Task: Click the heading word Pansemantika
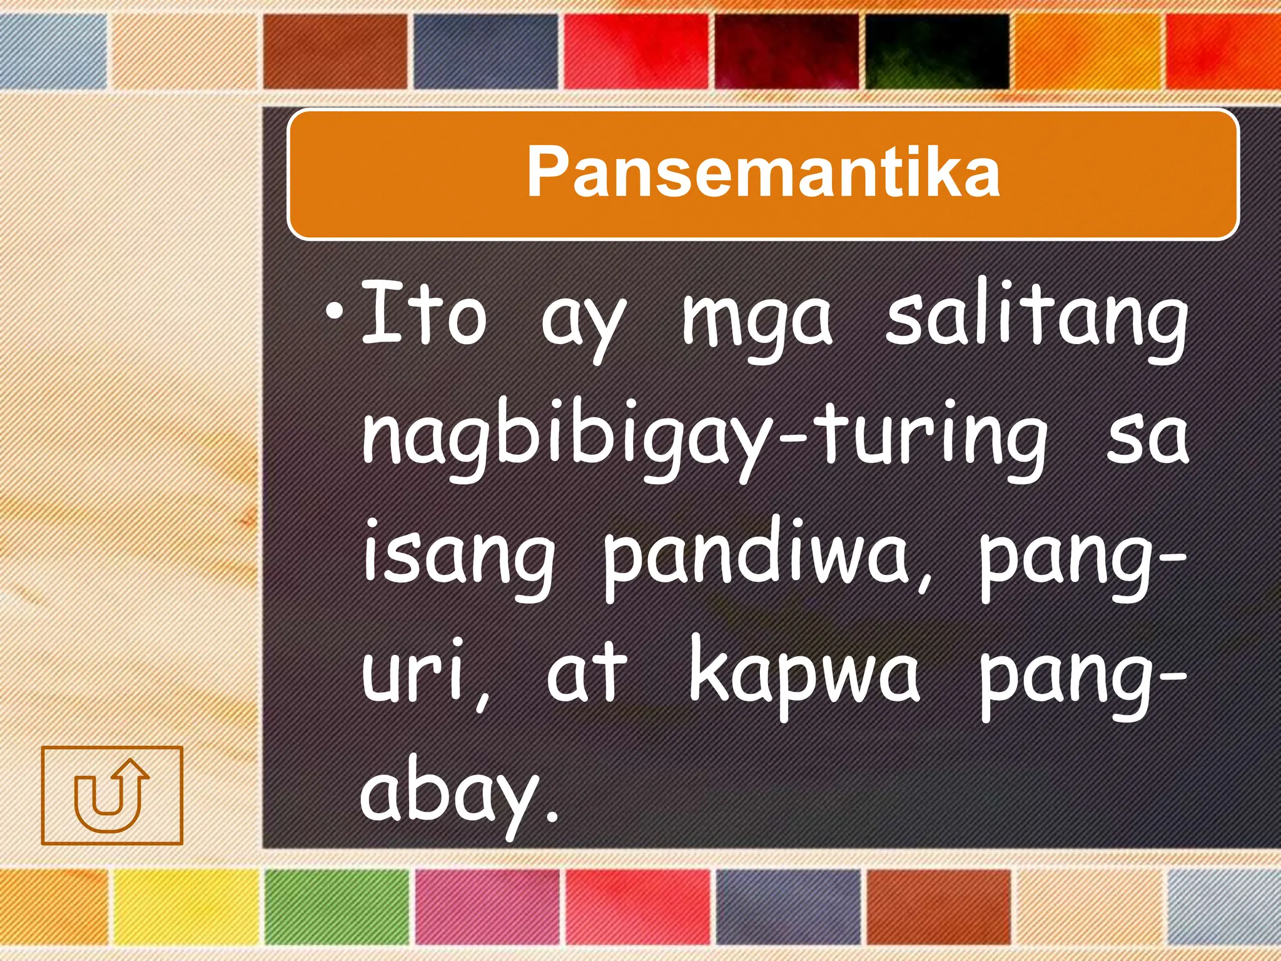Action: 763,172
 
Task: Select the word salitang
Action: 1036,319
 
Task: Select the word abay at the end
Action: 450,795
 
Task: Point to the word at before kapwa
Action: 586,673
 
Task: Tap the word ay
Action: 583,322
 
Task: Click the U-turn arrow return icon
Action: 112,795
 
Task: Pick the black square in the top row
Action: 937,51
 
